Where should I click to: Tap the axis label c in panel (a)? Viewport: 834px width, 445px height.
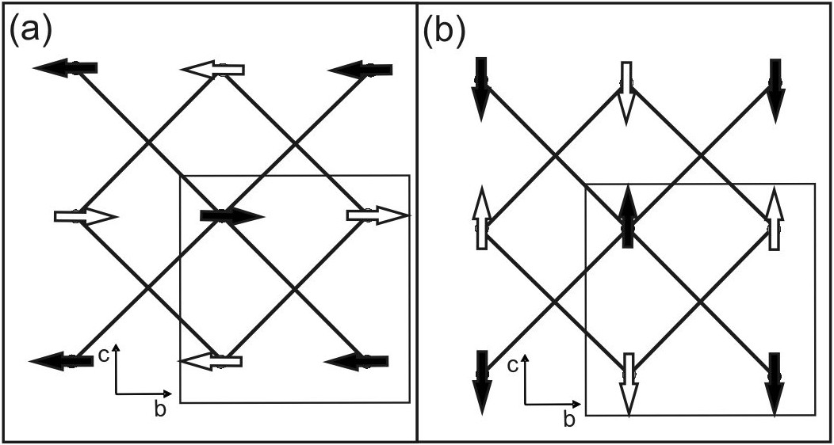pos(104,356)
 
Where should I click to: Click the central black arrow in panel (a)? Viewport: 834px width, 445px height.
pos(231,215)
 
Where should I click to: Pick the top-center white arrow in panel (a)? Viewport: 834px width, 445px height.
pos(212,70)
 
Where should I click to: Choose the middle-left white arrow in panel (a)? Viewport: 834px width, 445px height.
pos(86,216)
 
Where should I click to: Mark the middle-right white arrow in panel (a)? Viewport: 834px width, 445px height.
pos(378,216)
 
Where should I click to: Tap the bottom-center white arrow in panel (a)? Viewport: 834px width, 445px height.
pos(211,362)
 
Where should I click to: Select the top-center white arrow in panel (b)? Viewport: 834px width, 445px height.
pos(627,91)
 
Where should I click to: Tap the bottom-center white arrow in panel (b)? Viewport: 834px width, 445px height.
pos(628,384)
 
